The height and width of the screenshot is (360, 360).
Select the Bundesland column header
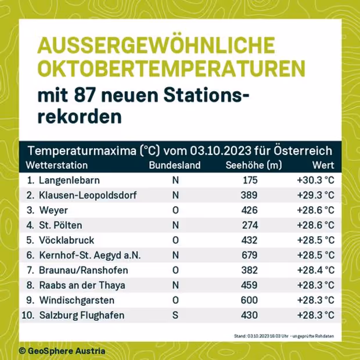(175, 165)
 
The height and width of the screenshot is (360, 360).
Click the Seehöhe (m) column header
(253, 165)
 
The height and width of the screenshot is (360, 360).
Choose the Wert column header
(323, 165)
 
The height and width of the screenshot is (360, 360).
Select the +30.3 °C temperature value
(315, 180)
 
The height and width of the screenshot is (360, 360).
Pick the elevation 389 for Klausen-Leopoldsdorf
(249, 195)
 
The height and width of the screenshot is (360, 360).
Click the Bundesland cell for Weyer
(175, 210)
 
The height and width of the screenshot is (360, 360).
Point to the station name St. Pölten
(60, 225)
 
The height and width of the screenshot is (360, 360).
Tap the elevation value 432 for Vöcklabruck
(249, 240)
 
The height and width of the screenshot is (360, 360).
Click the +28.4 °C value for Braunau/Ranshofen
(315, 271)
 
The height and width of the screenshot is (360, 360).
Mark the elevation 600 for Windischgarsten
(249, 301)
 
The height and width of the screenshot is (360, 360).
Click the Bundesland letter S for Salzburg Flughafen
(175, 316)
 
